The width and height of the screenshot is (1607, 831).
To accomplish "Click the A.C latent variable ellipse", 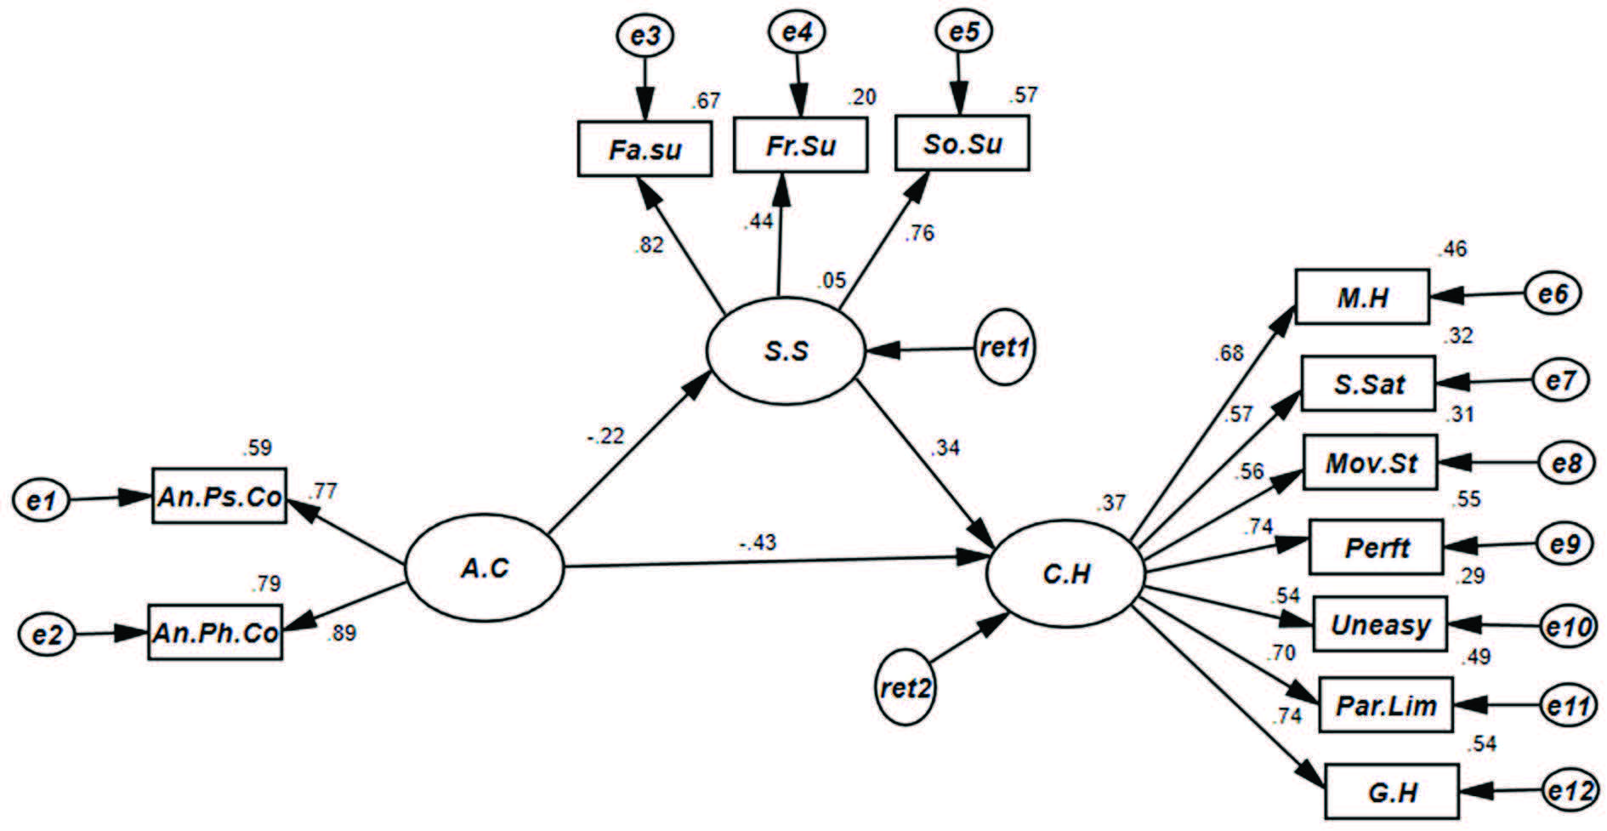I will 484,568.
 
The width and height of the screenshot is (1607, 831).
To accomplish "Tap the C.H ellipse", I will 1065,575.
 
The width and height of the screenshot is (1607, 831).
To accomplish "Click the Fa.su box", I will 645,150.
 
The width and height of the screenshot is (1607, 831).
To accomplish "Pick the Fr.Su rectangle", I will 800,145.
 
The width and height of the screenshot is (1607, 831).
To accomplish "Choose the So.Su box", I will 962,143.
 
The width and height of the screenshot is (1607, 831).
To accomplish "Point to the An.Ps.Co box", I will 219,496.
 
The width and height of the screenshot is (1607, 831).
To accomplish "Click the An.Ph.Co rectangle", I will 215,633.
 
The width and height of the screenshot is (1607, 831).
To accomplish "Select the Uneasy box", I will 1379,625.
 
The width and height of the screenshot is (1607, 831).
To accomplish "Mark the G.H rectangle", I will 1392,792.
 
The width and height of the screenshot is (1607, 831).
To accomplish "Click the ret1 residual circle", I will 1005,347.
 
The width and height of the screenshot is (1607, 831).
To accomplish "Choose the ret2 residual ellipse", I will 906,687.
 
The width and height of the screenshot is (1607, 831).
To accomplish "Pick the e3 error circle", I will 645,35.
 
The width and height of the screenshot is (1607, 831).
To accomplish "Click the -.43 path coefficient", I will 758,542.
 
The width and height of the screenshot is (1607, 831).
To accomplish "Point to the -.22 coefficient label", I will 605,436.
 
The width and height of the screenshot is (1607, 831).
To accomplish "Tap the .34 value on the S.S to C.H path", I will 945,447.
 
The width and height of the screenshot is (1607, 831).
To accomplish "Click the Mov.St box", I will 1371,464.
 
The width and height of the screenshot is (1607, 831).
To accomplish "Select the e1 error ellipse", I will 40,500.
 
